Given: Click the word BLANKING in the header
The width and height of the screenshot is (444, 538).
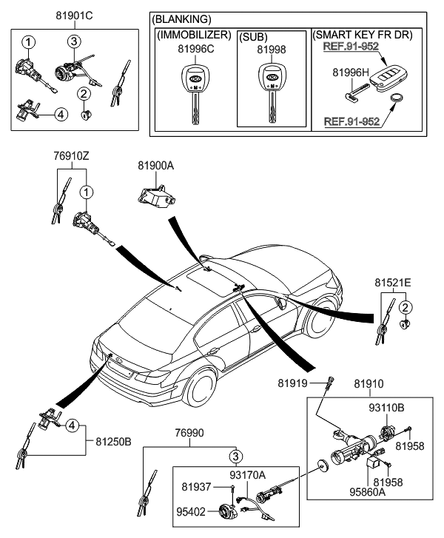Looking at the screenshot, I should coord(181,19).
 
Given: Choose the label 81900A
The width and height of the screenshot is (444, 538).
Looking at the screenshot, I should coord(154,168).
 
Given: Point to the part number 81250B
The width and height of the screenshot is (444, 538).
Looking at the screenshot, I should coord(113,441).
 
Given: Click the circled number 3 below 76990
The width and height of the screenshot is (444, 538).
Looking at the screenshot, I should coord(235,456).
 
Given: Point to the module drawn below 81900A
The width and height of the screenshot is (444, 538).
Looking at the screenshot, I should coord(154,195).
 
